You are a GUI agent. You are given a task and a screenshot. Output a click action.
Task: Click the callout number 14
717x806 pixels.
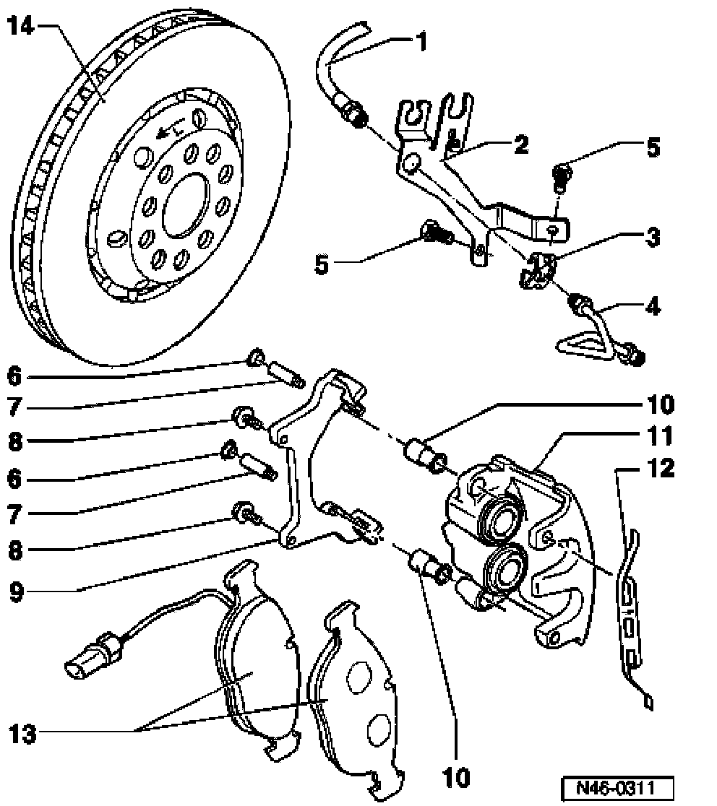(21, 26)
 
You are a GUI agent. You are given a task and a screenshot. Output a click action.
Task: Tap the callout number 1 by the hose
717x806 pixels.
(422, 42)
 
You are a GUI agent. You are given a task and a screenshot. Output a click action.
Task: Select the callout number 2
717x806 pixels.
(521, 144)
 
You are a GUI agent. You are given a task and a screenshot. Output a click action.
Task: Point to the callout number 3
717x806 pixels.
(653, 237)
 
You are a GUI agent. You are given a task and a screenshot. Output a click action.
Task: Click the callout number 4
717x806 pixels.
(652, 306)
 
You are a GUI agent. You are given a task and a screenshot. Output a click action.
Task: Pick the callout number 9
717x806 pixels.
(17, 591)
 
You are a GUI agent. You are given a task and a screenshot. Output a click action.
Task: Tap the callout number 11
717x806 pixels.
(660, 436)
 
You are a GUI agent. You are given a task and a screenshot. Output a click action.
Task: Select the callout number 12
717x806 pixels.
(661, 468)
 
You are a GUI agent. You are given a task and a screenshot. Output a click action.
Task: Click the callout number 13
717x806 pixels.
(23, 734)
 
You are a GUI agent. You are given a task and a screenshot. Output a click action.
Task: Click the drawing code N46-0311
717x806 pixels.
(617, 787)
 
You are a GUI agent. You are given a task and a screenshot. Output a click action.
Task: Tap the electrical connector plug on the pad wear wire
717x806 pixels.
(93, 655)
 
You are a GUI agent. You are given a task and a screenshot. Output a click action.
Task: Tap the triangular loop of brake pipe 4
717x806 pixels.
(585, 344)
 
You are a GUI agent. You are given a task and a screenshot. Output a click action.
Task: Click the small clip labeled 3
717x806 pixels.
(538, 271)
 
